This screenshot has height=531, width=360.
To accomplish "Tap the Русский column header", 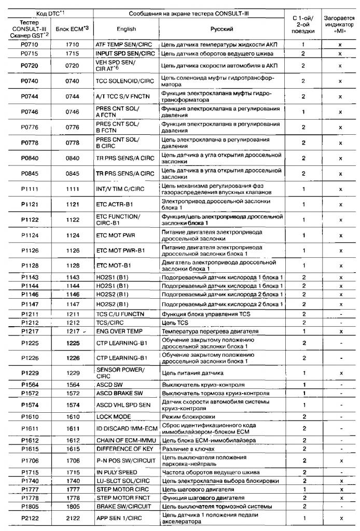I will (221, 29).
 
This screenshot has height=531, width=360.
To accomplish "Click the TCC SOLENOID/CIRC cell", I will (125, 81).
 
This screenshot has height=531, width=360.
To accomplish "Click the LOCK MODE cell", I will (112, 416).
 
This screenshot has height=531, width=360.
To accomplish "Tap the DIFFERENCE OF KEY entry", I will (122, 449).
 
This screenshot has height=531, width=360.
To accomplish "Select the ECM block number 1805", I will (73, 506).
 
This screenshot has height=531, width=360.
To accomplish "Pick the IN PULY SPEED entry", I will (117, 472).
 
